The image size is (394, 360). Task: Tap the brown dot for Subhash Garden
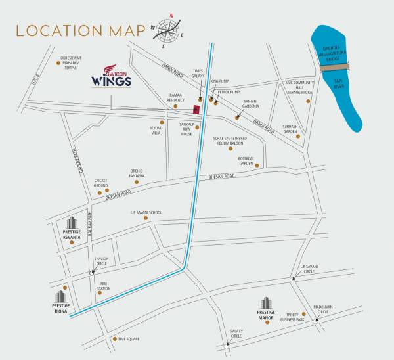298,137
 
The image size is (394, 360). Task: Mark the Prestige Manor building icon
266,304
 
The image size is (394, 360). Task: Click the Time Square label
129,339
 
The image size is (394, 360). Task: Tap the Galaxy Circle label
236,333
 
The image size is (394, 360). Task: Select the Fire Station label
104,287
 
